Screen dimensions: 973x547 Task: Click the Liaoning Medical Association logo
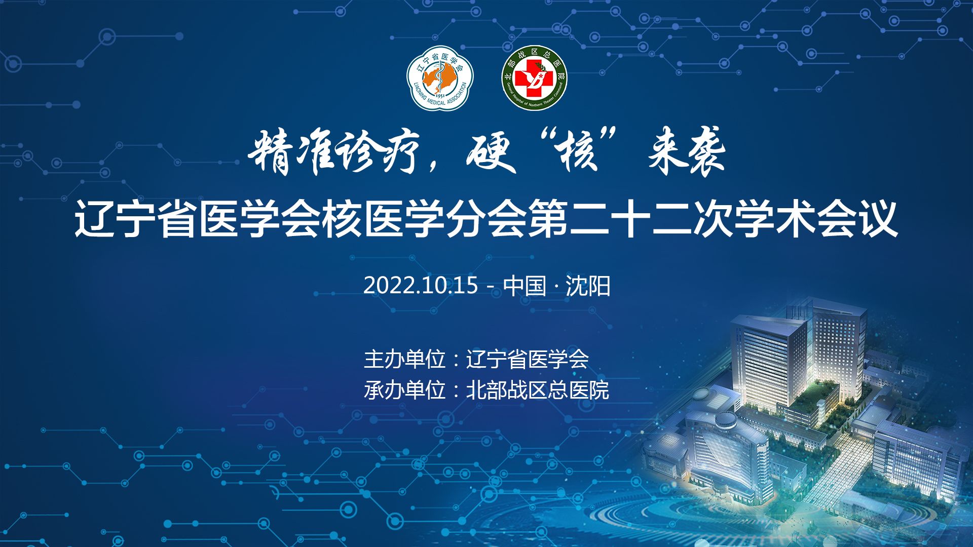tap(439, 79)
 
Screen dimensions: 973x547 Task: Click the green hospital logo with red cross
tap(534, 79)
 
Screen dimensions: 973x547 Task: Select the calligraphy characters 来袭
tap(687, 152)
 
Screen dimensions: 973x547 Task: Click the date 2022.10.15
tap(421, 286)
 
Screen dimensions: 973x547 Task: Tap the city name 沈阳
tap(588, 286)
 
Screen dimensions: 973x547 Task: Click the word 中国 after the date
tap(525, 286)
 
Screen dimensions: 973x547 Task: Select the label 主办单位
tap(404, 359)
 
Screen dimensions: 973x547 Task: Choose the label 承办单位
tap(404, 390)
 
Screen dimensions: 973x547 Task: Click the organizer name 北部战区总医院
tap(538, 390)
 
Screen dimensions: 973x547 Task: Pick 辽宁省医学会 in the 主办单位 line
tap(527, 359)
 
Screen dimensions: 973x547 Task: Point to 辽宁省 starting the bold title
tap(136, 220)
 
